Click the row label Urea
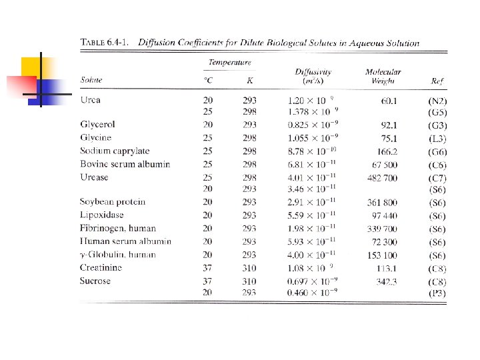tap(90, 100)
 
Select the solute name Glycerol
tap(97, 125)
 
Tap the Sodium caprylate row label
tap(115, 151)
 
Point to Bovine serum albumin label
tap(125, 164)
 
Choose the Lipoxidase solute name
tap(101, 215)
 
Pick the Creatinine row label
tap(101, 267)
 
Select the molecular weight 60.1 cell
tap(389, 101)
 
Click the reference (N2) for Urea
tap(437, 101)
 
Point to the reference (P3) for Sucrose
tap(437, 293)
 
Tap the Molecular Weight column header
tap(383, 76)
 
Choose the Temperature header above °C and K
tap(230, 63)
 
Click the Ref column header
tap(437, 81)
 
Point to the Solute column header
tap(91, 80)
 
